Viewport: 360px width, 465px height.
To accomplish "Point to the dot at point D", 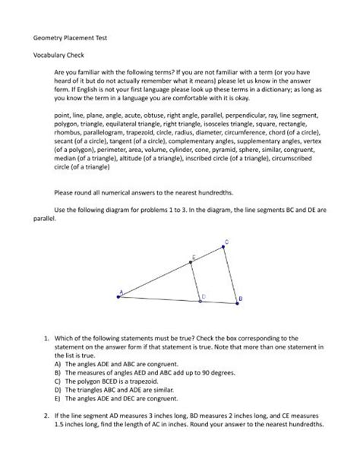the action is coord(199,299).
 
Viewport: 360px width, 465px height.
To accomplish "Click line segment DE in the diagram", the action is coord(194,281).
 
